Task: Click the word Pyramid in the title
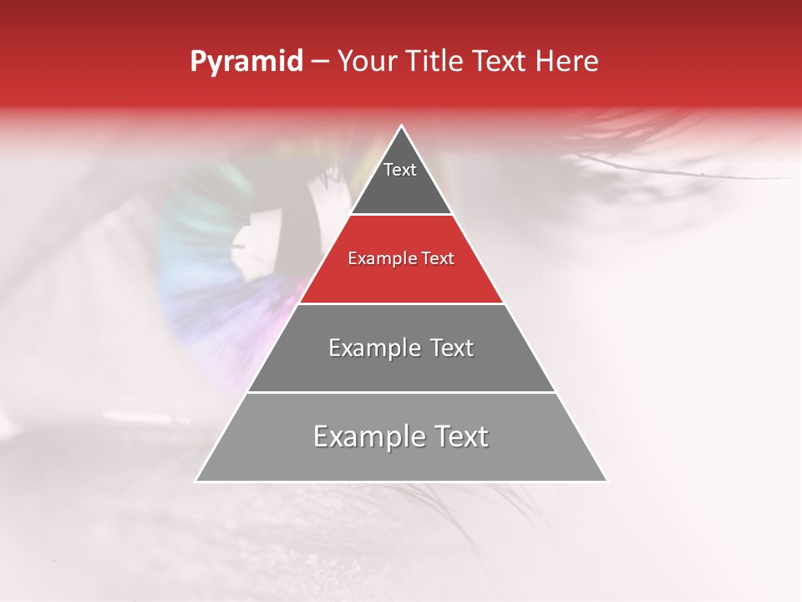coord(246,62)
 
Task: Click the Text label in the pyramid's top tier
coord(400,170)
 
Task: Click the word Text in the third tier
coord(453,348)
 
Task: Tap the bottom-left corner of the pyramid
coord(195,482)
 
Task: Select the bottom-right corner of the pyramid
coord(607,482)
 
